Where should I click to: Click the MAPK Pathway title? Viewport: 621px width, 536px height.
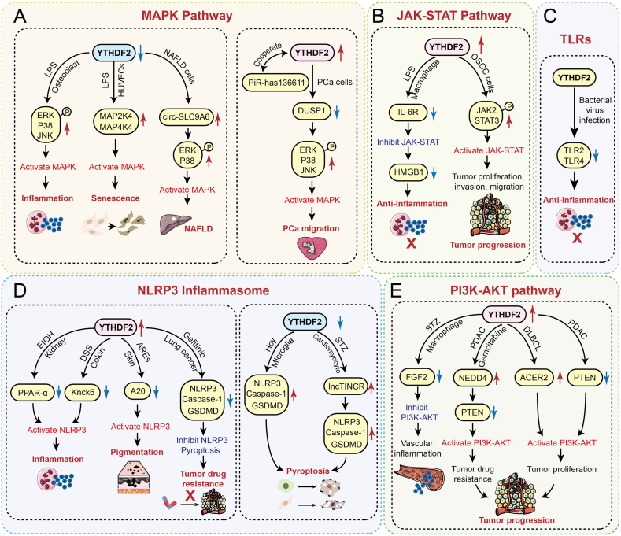pyautogui.click(x=187, y=16)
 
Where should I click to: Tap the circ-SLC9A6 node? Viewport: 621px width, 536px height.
pyautogui.click(x=186, y=116)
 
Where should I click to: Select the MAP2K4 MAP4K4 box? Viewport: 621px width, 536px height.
pyautogui.click(x=116, y=121)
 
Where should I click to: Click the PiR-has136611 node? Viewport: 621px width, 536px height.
pyautogui.click(x=276, y=83)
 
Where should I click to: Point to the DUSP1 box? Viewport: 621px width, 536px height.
pyautogui.click(x=312, y=111)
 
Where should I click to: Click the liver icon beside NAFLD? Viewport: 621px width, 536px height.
pyautogui.click(x=175, y=224)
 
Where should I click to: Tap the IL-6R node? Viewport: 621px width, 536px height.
pyautogui.click(x=408, y=112)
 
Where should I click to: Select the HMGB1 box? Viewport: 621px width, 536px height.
pyautogui.click(x=408, y=172)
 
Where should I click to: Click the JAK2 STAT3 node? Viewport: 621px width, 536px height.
pyautogui.click(x=486, y=115)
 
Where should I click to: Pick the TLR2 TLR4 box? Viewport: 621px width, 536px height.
pyautogui.click(x=574, y=155)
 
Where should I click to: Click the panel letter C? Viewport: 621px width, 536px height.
pyautogui.click(x=550, y=17)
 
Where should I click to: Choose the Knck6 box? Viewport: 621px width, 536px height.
pyautogui.click(x=83, y=392)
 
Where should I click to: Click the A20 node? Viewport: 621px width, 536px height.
pyautogui.click(x=138, y=391)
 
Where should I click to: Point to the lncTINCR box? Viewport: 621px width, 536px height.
pyautogui.click(x=346, y=386)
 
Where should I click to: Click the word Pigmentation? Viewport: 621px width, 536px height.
pyautogui.click(x=137, y=452)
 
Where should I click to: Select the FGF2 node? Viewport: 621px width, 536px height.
pyautogui.click(x=416, y=377)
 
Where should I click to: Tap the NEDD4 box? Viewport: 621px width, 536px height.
pyautogui.click(x=472, y=378)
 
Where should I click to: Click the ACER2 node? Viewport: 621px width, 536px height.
pyautogui.click(x=534, y=378)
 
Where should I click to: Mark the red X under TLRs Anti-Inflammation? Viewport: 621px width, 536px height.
pyautogui.click(x=578, y=238)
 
